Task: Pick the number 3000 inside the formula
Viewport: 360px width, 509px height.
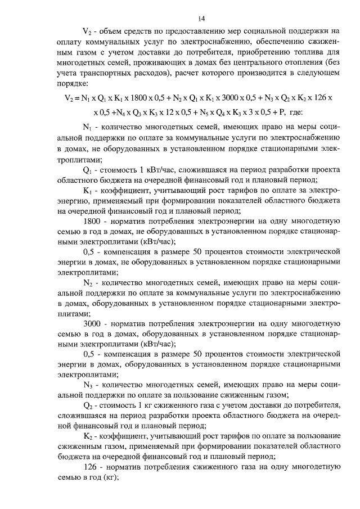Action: coord(228,97)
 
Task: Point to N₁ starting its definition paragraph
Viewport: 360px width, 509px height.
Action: coord(87,128)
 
